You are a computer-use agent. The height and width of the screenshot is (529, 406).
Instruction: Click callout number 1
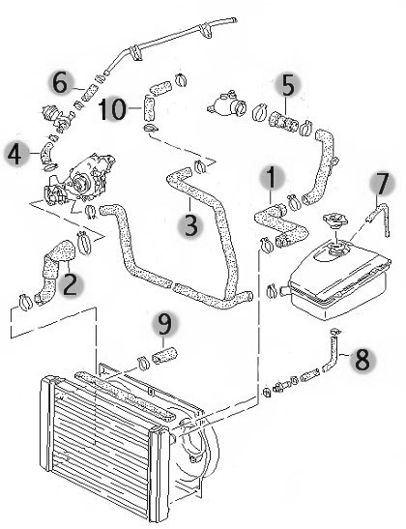(271, 178)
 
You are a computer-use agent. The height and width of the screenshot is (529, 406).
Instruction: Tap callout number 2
(70, 284)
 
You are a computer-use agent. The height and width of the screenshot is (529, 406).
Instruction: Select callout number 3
(190, 225)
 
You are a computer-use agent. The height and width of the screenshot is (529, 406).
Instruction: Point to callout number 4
(15, 154)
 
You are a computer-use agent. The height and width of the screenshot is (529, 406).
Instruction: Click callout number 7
(381, 184)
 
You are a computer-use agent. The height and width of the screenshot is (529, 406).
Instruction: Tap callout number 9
(165, 325)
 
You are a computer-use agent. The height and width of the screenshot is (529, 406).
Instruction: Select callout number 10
(113, 108)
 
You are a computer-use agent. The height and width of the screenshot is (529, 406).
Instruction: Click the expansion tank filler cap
(334, 220)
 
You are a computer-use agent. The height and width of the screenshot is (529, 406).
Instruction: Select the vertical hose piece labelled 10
(149, 108)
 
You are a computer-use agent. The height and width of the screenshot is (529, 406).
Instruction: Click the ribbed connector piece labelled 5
(284, 122)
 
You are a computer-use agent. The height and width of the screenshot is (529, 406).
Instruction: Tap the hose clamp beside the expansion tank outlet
(272, 291)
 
